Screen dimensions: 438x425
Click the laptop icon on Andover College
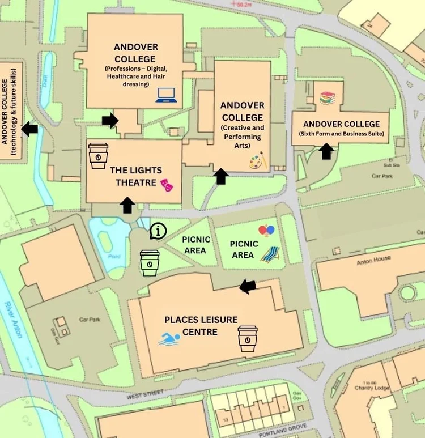tap(167, 95)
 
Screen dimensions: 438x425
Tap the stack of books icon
tap(328, 98)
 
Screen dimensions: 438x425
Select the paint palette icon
tap(257, 162)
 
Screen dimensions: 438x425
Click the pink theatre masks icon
tap(166, 184)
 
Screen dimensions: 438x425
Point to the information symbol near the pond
tap(159, 231)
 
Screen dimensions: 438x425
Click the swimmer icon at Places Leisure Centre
tap(169, 339)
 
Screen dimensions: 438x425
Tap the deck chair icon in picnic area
tap(270, 254)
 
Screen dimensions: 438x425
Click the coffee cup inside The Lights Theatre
tap(98, 155)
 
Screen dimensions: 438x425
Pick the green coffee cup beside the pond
tap(150, 263)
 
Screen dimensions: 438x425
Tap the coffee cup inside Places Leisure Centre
tap(248, 338)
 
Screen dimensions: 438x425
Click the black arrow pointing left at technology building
tap(29, 129)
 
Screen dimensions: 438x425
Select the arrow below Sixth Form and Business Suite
tap(326, 151)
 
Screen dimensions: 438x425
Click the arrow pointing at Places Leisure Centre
tap(248, 287)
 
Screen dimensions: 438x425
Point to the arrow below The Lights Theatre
tap(127, 205)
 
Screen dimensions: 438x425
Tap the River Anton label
tap(12, 320)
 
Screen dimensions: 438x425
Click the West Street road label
tap(145, 394)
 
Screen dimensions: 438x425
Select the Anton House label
tap(374, 262)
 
